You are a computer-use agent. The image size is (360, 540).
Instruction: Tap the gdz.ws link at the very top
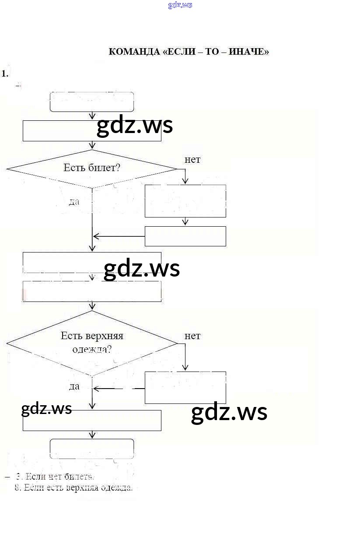click(180, 5)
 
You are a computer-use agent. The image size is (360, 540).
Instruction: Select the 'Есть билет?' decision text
click(91, 168)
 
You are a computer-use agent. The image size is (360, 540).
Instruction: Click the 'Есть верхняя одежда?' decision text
click(91, 343)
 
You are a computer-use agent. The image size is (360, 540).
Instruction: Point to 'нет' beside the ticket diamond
click(192, 160)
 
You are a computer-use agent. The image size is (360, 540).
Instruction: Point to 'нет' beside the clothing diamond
click(192, 336)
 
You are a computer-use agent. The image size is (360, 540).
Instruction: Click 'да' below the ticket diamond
click(74, 202)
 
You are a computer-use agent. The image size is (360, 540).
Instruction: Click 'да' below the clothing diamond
click(74, 386)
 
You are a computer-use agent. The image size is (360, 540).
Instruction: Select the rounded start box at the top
click(92, 102)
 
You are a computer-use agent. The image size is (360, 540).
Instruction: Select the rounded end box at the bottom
click(92, 449)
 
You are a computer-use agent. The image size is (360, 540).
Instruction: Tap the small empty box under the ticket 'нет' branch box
click(185, 236)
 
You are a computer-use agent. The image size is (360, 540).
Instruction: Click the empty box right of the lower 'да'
click(185, 388)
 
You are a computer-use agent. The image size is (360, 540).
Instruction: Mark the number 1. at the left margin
click(5, 74)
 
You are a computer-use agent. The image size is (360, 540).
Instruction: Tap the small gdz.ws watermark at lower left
click(46, 409)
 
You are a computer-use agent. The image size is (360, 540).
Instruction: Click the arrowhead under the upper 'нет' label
click(185, 181)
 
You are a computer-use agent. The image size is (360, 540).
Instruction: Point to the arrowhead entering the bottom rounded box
click(92, 435)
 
